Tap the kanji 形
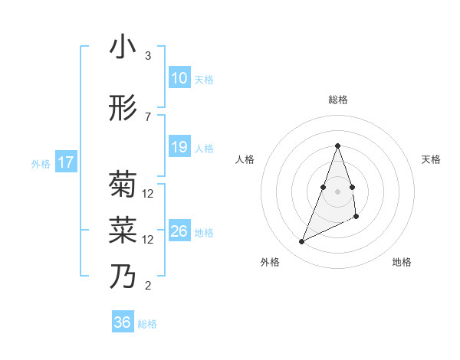pos(123,109)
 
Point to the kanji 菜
pos(123,231)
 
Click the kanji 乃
pos(123,277)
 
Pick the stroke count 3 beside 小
pos(147,56)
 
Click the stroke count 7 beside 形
pos(147,116)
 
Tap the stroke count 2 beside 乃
pos(147,286)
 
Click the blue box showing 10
pos(179,77)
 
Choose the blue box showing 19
pos(179,147)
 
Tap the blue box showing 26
pos(179,231)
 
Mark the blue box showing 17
pos(65,162)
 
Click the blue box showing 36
pos(122,322)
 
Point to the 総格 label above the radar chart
pos(337,100)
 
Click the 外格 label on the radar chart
pos(270,262)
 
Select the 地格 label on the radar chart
pos(402,262)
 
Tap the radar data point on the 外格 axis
pos(301,242)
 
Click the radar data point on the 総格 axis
pos(337,146)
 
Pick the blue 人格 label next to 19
pos(204,148)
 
